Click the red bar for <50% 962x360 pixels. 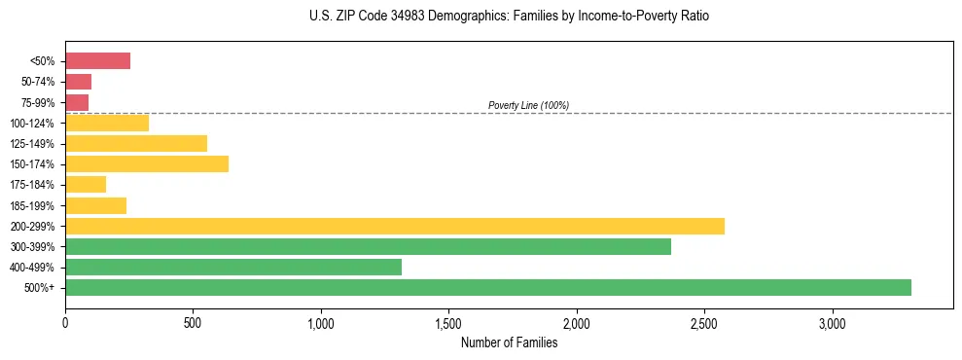tap(97, 61)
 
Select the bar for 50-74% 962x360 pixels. tap(78, 82)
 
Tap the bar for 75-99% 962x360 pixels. tap(77, 102)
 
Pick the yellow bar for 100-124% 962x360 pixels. tap(107, 123)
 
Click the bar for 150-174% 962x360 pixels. tap(147, 163)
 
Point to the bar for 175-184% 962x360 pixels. tap(86, 184)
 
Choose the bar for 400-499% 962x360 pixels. tap(233, 267)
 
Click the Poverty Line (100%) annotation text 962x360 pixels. tap(528, 105)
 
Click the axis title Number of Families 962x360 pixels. tap(509, 342)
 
